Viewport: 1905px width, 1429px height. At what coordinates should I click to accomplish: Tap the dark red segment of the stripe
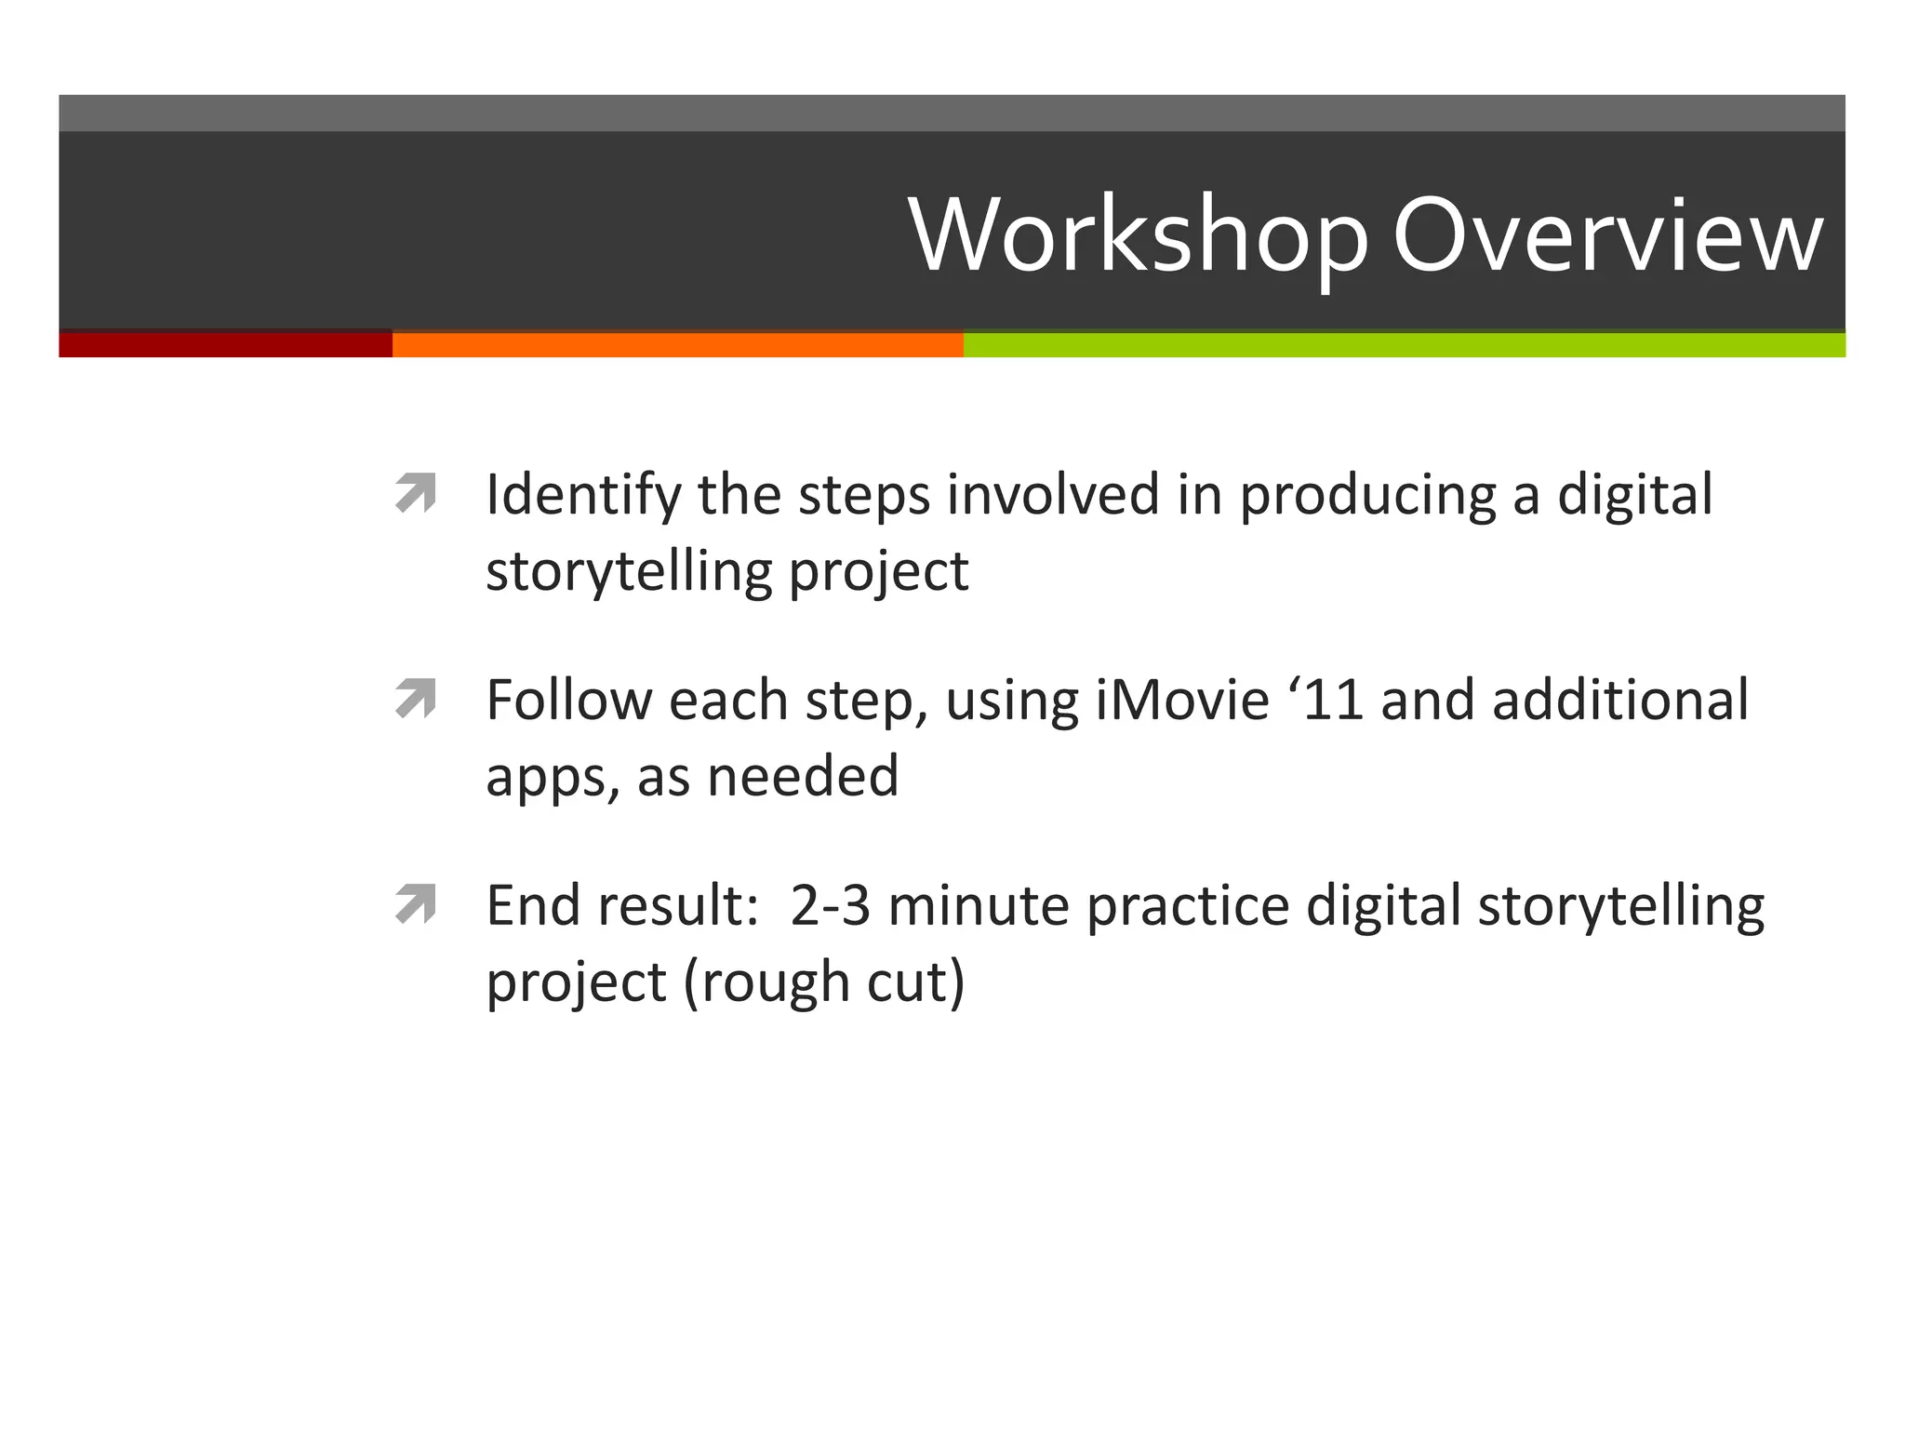pos(225,344)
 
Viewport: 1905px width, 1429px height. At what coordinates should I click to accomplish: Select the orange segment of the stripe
pos(677,344)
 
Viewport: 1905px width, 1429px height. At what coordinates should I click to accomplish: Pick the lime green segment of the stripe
pos(1403,344)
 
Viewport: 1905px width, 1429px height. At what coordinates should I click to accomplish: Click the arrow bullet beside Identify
pos(415,493)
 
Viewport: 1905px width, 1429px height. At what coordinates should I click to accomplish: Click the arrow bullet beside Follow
pos(415,699)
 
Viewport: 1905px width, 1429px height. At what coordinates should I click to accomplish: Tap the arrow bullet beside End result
pos(415,904)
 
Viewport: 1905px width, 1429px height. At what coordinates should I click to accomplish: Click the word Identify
pos(583,495)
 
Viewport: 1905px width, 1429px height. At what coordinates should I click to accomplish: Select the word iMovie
pos(1181,700)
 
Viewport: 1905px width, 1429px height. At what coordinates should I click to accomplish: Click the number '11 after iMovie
pos(1326,700)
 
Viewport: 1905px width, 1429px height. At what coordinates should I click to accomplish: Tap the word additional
pos(1619,700)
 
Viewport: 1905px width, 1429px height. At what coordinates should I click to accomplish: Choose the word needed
pos(803,776)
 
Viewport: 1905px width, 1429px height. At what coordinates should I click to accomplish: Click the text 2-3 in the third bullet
pos(831,906)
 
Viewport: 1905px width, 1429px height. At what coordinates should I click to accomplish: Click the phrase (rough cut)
pos(824,982)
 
